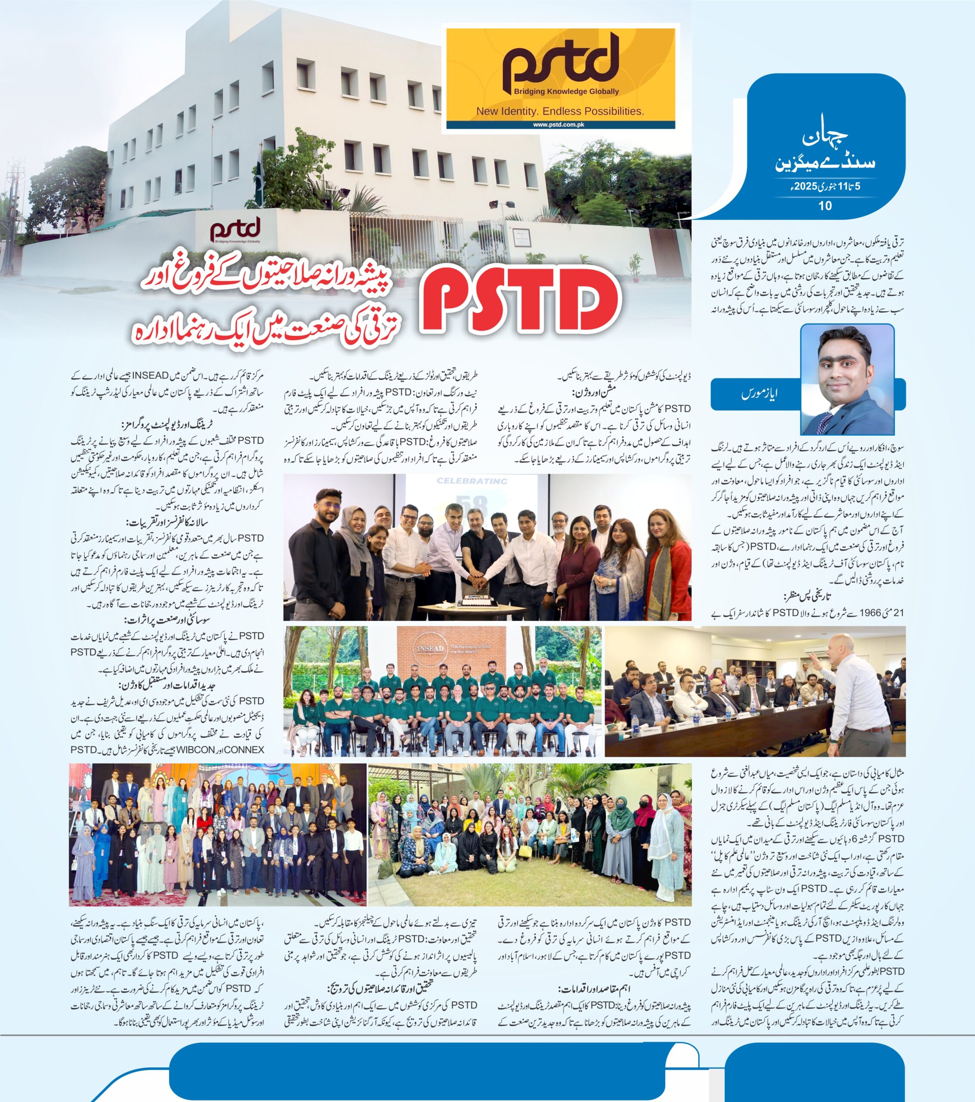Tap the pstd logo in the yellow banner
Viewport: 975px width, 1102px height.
pos(561,62)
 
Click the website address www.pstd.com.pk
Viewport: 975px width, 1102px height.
pos(559,124)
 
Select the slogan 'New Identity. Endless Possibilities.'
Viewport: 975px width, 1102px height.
pos(560,111)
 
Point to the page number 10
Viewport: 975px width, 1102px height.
pos(825,205)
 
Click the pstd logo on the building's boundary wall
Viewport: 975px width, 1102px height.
pos(235,230)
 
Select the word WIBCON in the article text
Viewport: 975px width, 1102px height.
pos(197,750)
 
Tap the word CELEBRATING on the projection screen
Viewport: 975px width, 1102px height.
pos(472,481)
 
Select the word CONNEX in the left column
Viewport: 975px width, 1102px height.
pos(244,750)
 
